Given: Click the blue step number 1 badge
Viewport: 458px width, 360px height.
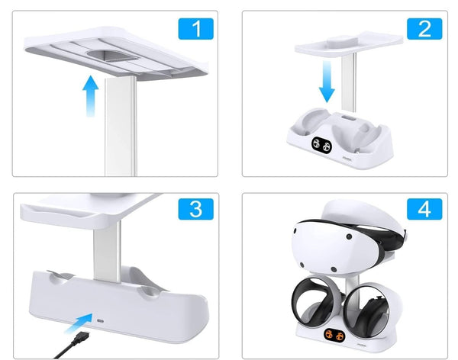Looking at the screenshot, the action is (x=195, y=29).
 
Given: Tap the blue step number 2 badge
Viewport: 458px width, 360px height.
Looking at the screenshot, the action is (x=424, y=29).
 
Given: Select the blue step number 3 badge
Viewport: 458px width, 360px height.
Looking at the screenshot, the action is (x=195, y=209).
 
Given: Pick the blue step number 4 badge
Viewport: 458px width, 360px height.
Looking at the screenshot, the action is (x=424, y=209).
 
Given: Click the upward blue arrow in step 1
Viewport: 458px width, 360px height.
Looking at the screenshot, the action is (x=91, y=96).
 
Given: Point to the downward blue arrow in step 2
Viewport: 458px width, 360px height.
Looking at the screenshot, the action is (x=327, y=82).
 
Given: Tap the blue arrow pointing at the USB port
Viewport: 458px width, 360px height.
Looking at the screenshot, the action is (x=79, y=323).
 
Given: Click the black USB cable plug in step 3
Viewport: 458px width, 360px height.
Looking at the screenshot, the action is (x=81, y=339).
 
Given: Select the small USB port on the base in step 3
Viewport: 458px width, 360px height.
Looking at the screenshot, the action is (x=101, y=321).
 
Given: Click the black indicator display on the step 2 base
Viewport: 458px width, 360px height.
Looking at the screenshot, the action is (x=321, y=144).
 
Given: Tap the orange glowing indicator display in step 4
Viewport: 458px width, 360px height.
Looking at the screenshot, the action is (x=334, y=336).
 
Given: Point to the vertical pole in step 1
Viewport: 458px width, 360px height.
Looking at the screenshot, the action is (x=121, y=127).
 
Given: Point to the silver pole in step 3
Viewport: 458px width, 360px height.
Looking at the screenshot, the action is (x=107, y=252).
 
